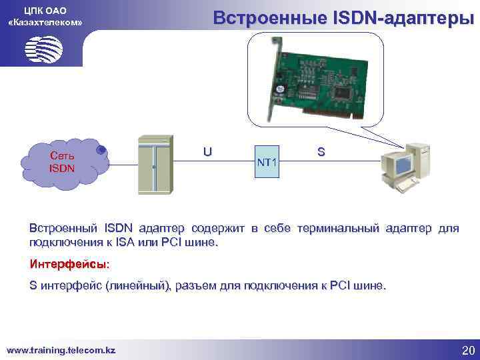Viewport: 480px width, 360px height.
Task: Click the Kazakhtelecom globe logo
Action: pyautogui.click(x=43, y=49)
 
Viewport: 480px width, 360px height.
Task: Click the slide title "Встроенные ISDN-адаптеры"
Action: pyautogui.click(x=343, y=18)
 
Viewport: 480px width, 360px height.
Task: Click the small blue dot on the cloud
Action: pyautogui.click(x=101, y=150)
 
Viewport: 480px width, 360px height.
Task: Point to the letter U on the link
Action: pyautogui.click(x=208, y=151)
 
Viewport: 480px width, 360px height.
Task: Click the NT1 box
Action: pyautogui.click(x=268, y=162)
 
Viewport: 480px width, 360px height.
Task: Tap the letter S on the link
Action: pyautogui.click(x=321, y=152)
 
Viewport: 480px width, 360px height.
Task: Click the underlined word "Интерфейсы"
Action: pyautogui.click(x=69, y=265)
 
